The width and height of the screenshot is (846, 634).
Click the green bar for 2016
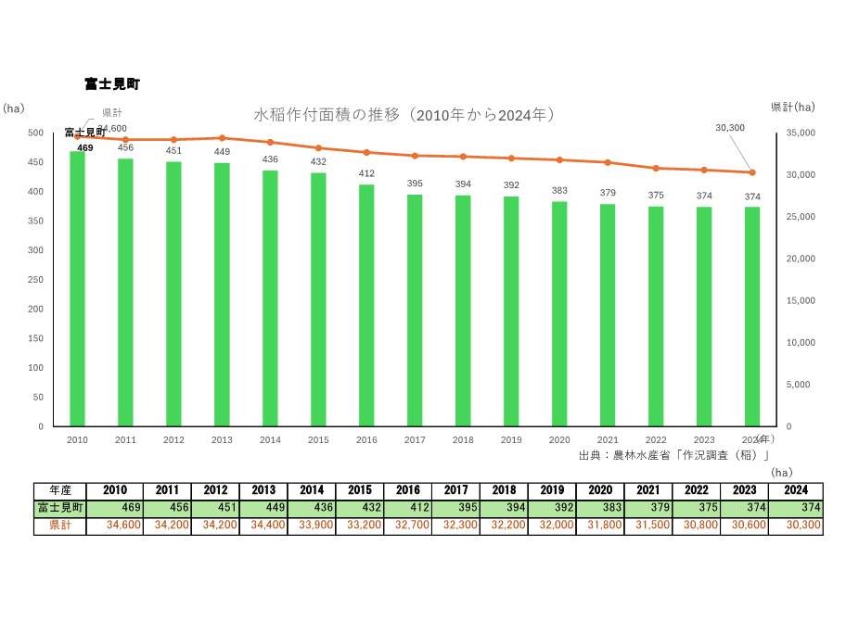click(x=366, y=306)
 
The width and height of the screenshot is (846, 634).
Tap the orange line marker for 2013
click(x=222, y=137)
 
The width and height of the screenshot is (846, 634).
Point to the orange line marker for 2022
click(x=656, y=168)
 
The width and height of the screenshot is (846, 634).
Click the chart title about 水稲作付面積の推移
click(x=404, y=115)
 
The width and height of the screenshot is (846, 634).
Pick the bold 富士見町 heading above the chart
click(x=111, y=84)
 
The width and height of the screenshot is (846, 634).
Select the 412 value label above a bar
click(x=366, y=173)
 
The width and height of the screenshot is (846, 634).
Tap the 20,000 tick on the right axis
click(x=801, y=259)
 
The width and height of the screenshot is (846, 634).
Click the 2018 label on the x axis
click(x=463, y=440)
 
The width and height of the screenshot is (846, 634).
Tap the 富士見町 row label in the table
click(x=62, y=508)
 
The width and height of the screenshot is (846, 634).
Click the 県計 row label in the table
click(x=62, y=525)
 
